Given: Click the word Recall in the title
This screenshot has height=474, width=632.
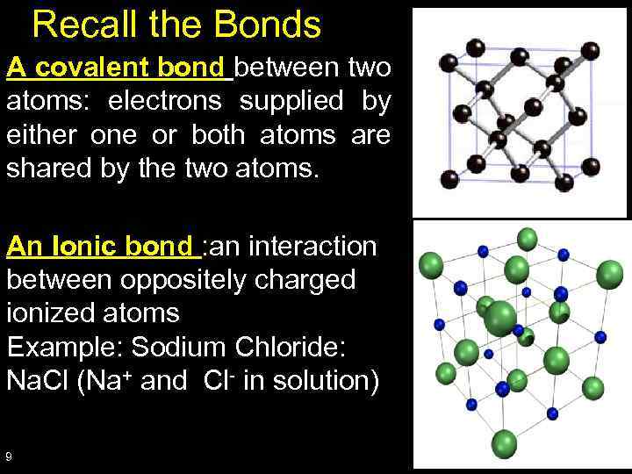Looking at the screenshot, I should coord(76,25).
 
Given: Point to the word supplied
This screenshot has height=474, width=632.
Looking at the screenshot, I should coord(293,102).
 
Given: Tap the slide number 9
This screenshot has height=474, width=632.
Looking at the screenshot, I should coord(9,456).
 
